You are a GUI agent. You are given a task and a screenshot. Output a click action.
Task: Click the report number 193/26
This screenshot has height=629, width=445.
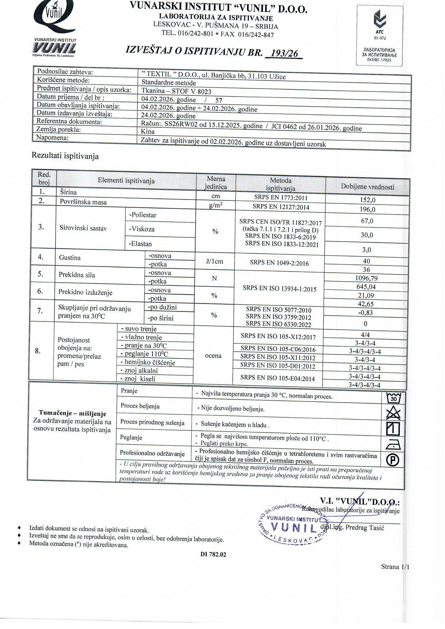coord(284,53)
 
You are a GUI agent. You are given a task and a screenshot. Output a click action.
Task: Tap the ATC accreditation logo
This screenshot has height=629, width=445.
coord(379,36)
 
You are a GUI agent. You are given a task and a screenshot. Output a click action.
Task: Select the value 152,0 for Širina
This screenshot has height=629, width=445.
coord(367,200)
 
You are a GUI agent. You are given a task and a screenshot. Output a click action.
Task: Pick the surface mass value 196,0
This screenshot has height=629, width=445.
coord(367,209)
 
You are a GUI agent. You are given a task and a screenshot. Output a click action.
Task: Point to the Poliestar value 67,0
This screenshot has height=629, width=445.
coord(367,221)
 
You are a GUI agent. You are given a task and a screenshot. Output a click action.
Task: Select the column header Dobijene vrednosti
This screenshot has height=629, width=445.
coord(367,187)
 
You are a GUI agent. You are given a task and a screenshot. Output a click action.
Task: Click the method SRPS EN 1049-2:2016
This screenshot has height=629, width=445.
coord(279,263)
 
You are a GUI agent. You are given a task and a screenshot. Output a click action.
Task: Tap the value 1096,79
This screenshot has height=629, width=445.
coord(366,278)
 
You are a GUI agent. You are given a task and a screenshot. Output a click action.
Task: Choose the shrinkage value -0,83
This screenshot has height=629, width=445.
coord(366,313)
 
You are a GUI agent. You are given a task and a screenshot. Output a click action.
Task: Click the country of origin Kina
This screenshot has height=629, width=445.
coord(148,131)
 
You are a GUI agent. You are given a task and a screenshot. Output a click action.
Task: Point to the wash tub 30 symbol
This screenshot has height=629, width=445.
coord(393,398)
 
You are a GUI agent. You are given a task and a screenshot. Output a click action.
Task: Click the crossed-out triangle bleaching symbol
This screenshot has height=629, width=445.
coord(393,413)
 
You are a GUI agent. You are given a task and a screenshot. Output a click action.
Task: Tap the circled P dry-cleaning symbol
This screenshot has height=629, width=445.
coord(393,460)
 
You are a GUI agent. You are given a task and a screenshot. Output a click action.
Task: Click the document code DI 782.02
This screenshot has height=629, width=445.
coord(213,554)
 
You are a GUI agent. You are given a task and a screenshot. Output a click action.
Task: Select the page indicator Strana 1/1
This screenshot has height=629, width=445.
coord(395,567)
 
